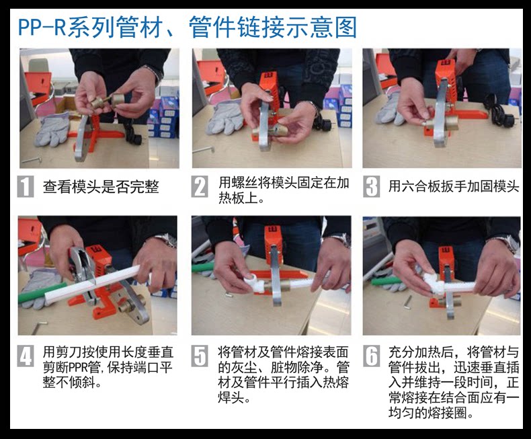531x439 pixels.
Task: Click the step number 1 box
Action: click(x=26, y=186)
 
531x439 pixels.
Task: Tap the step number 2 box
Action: click(x=200, y=186)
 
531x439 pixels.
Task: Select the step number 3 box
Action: click(x=372, y=186)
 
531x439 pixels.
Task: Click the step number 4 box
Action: click(x=26, y=356)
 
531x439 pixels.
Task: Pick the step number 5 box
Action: click(x=200, y=356)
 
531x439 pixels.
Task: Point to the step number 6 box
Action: click(x=372, y=356)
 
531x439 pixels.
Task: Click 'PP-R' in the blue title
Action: click(x=42, y=27)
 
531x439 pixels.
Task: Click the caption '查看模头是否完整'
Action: click(x=101, y=187)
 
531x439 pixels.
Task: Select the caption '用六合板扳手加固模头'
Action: click(x=454, y=186)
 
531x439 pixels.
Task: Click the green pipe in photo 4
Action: click(x=32, y=296)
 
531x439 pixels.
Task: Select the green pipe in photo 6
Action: click(x=385, y=281)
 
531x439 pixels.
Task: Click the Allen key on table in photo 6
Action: click(x=409, y=301)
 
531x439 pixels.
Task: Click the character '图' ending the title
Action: click(x=345, y=28)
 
